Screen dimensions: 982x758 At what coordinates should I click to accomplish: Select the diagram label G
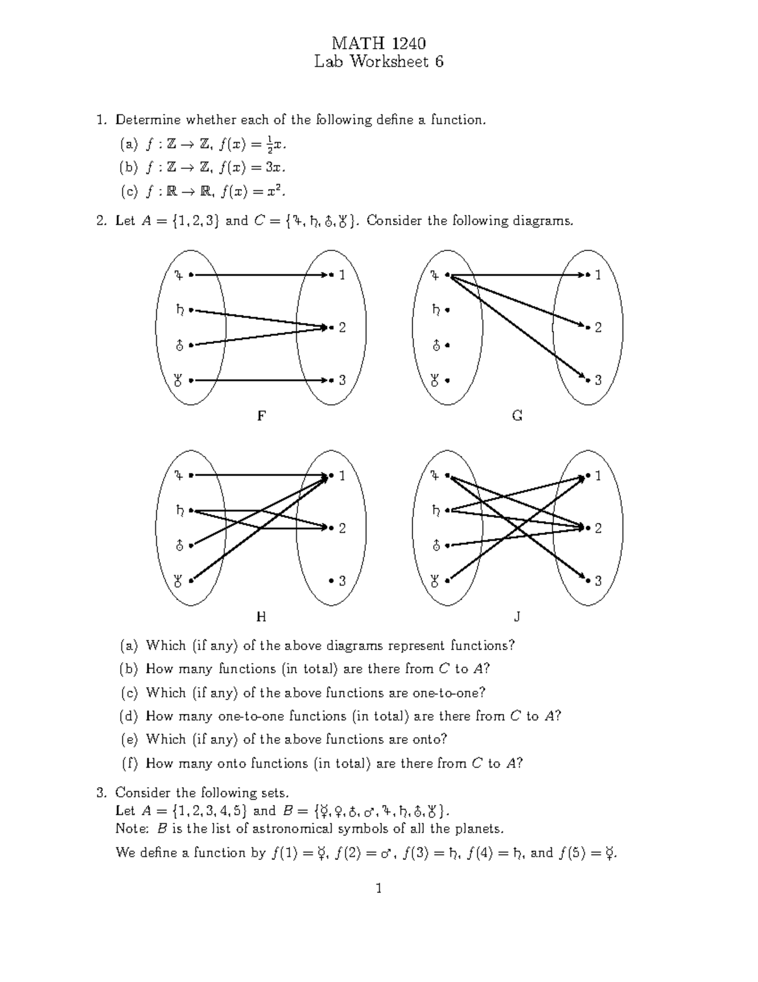[517, 416]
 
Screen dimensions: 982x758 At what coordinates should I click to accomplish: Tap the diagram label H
[260, 617]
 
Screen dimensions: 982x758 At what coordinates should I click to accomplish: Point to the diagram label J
[517, 617]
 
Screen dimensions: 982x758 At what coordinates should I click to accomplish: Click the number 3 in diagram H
[342, 580]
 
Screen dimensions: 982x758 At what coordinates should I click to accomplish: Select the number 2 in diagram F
[342, 328]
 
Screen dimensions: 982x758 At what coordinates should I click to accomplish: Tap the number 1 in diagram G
[598, 275]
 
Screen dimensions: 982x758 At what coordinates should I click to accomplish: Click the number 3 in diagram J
[598, 580]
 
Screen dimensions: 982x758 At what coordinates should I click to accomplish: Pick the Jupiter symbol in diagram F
[179, 275]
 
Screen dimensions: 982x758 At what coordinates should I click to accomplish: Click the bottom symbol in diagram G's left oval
[435, 381]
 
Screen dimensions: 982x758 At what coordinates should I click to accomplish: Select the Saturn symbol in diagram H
[179, 510]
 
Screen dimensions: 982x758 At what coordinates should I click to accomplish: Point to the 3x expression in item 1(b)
[274, 168]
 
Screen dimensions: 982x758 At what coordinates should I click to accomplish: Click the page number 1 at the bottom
[378, 888]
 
